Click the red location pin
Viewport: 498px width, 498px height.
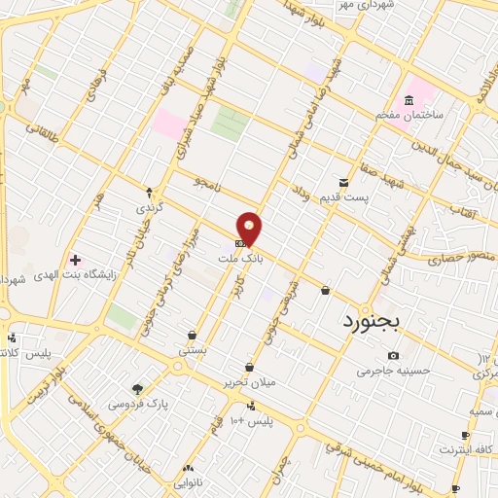tap(250, 228)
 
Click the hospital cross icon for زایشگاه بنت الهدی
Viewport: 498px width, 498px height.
tap(75, 259)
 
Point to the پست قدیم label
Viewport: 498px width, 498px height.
tap(344, 198)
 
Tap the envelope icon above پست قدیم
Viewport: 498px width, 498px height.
tap(342, 182)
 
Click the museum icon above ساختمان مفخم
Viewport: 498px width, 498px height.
tap(409, 100)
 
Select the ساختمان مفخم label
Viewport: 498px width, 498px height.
tap(409, 115)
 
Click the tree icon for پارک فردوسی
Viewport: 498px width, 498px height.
tap(136, 389)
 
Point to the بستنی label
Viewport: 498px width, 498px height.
tap(192, 348)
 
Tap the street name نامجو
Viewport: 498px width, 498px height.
tap(207, 182)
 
